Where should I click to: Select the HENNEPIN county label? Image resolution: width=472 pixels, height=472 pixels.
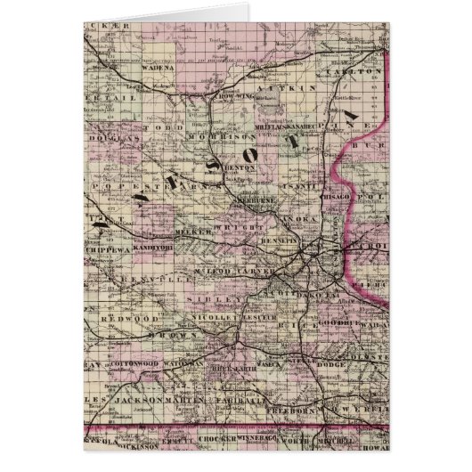pos(281,241)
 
